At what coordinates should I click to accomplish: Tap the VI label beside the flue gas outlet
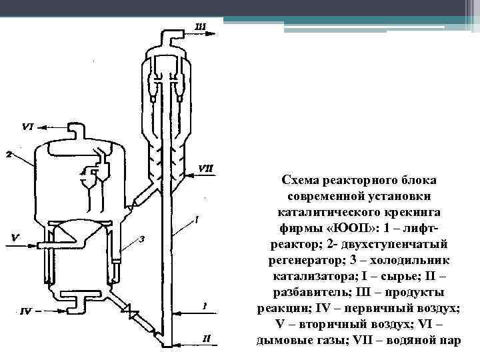(27, 125)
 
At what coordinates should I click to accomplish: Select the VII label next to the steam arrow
(205, 167)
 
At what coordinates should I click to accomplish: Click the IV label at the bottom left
(25, 310)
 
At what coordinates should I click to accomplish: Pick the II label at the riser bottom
(207, 339)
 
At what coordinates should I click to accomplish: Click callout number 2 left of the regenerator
(8, 155)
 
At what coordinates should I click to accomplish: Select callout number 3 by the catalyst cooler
(141, 239)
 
